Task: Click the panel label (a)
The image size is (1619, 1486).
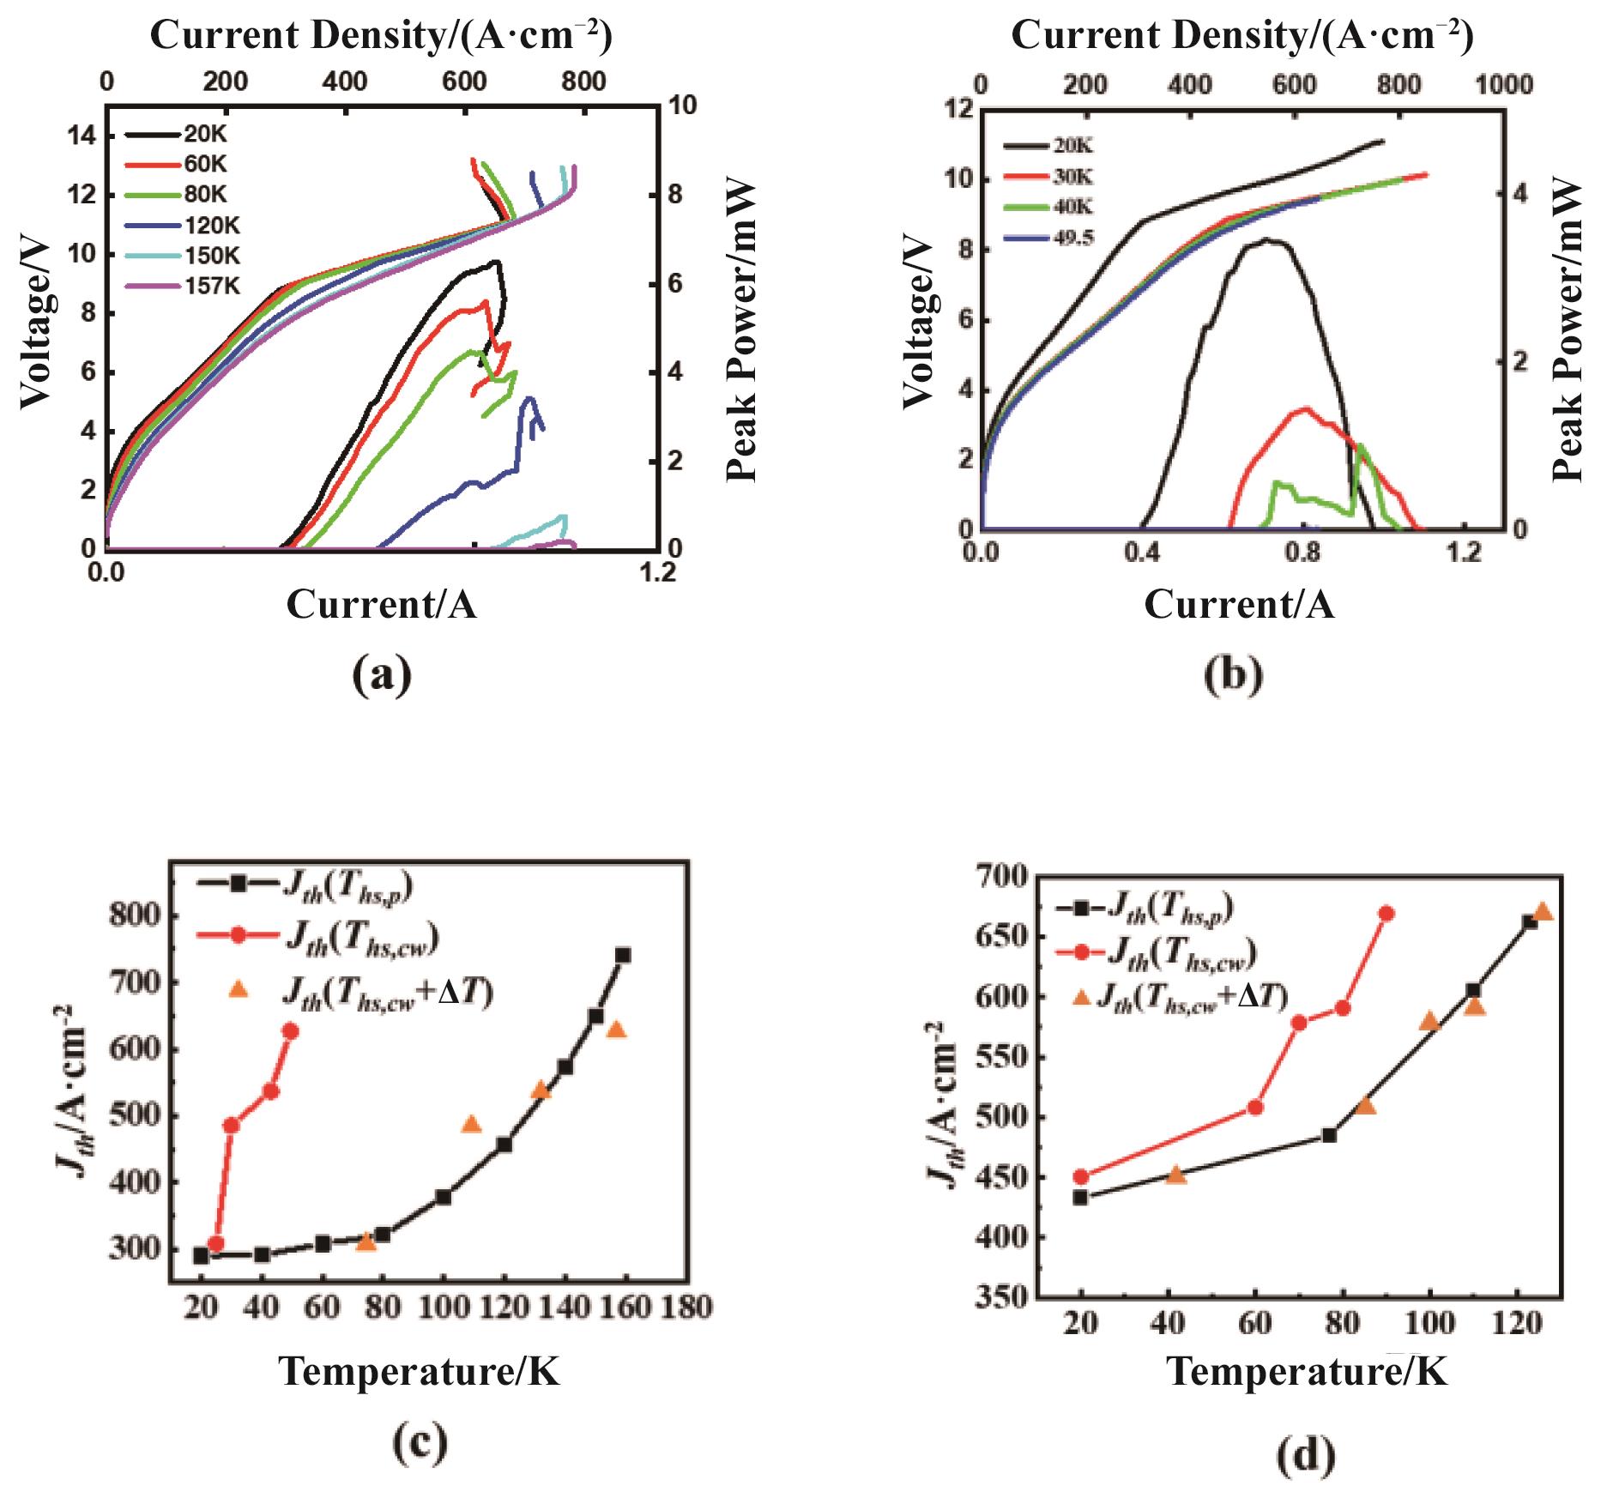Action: pyautogui.click(x=382, y=675)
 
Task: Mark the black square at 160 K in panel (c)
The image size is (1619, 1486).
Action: pyautogui.click(x=623, y=955)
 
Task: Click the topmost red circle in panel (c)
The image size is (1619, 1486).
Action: pyautogui.click(x=291, y=1031)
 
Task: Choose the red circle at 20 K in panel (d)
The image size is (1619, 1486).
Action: pyautogui.click(x=1081, y=1176)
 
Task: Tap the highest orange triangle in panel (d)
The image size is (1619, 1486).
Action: pyautogui.click(x=1542, y=911)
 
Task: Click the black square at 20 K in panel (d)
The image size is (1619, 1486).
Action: pyautogui.click(x=1081, y=1198)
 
